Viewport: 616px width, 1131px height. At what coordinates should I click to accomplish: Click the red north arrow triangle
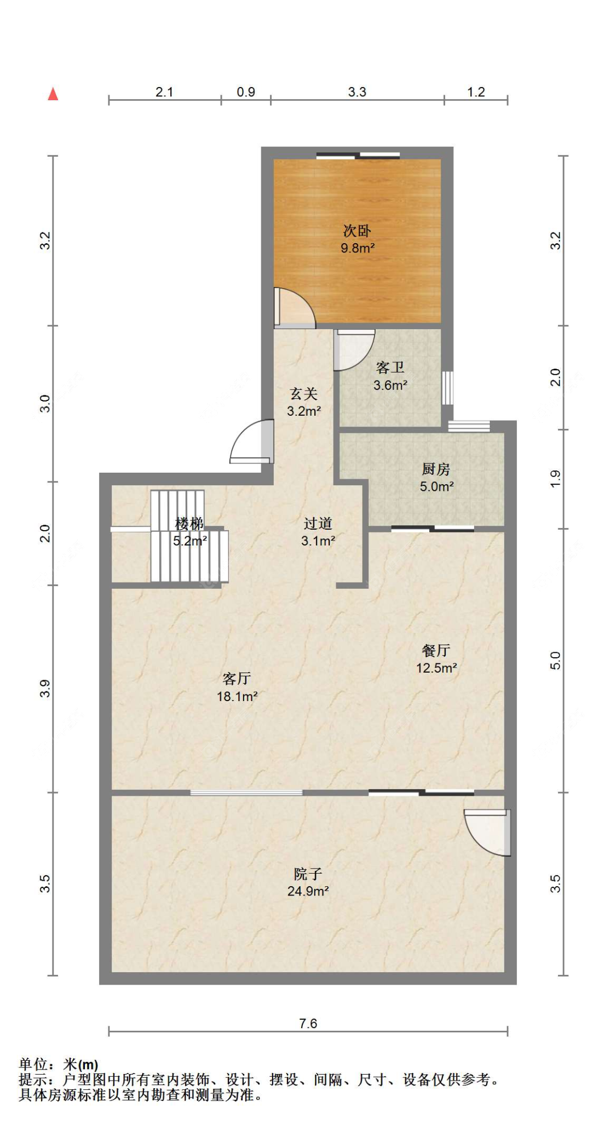[53, 94]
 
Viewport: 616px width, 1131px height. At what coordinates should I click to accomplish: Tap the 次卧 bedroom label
[357, 231]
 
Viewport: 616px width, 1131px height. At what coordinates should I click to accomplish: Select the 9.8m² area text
[358, 248]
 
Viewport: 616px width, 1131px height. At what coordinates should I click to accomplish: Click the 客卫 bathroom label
[390, 368]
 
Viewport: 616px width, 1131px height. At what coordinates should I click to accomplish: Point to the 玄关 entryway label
[303, 394]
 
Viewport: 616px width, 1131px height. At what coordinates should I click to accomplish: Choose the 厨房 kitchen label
[436, 469]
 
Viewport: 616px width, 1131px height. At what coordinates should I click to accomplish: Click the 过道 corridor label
[318, 524]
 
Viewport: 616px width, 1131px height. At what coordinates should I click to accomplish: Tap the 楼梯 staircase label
[189, 524]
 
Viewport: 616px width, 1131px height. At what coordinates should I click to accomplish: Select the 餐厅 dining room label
[436, 651]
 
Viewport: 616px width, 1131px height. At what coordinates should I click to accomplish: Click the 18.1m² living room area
[237, 697]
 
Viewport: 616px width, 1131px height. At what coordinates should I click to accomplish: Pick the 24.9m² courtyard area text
[308, 892]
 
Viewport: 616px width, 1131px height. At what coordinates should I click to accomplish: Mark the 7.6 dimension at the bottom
[308, 1023]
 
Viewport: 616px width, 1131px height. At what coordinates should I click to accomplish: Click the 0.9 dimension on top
[246, 92]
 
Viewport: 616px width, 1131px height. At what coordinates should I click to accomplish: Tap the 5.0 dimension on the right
[555, 661]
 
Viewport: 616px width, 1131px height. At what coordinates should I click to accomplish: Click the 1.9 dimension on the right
[555, 479]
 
